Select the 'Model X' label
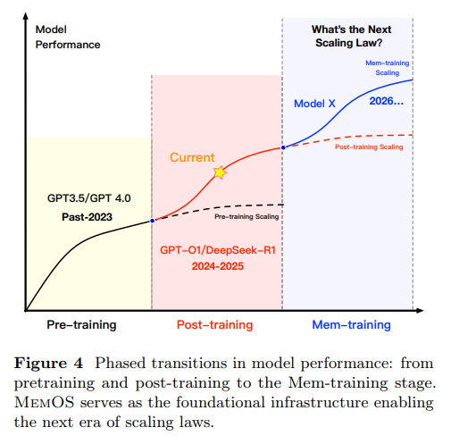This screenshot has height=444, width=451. click(314, 104)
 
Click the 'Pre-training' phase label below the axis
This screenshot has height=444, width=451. click(81, 324)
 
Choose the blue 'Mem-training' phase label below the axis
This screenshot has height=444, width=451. click(351, 324)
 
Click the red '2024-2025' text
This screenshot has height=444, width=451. click(218, 266)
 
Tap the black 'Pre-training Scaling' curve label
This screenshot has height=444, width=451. click(246, 216)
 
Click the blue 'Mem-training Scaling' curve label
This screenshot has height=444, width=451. click(387, 67)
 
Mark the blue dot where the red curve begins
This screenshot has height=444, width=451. click(153, 220)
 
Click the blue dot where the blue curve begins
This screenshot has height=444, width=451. click(282, 147)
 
